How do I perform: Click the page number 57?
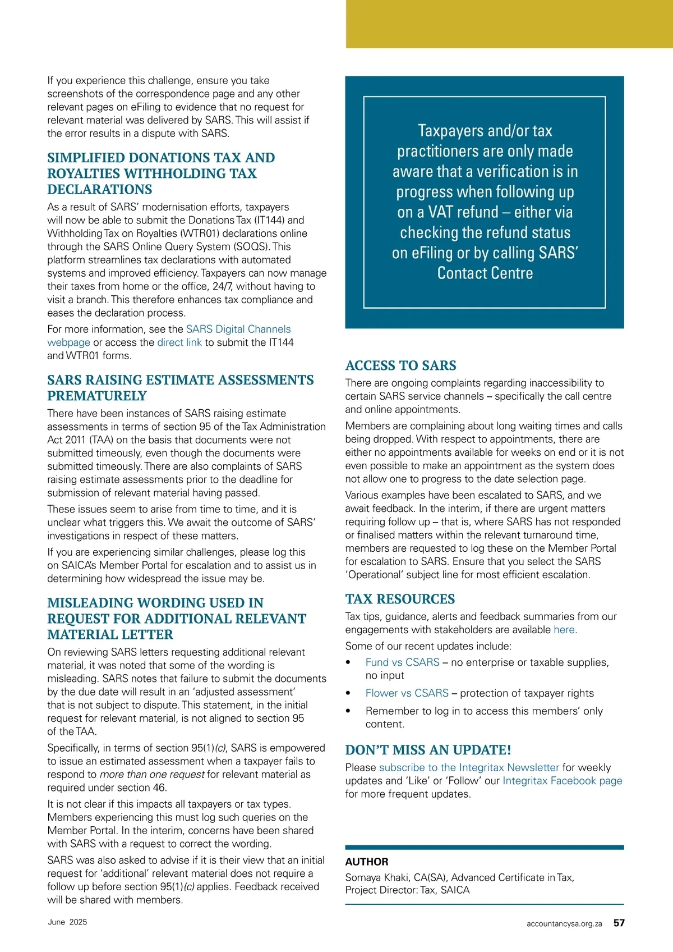619,923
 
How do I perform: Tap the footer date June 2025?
67,922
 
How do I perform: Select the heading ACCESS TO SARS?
400,365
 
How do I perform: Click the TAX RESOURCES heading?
400,599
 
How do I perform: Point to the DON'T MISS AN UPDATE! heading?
428,750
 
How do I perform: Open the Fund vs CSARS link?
402,662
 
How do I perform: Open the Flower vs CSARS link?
407,693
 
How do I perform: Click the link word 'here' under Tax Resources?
564,630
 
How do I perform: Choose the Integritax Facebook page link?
562,781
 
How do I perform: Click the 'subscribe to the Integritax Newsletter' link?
469,767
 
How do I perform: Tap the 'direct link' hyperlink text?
179,342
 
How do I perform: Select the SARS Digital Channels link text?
238,329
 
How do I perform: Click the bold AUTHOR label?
367,862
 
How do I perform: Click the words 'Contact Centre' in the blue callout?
485,273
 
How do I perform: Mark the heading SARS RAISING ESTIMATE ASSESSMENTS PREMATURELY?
180,388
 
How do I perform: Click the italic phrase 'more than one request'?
152,775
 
